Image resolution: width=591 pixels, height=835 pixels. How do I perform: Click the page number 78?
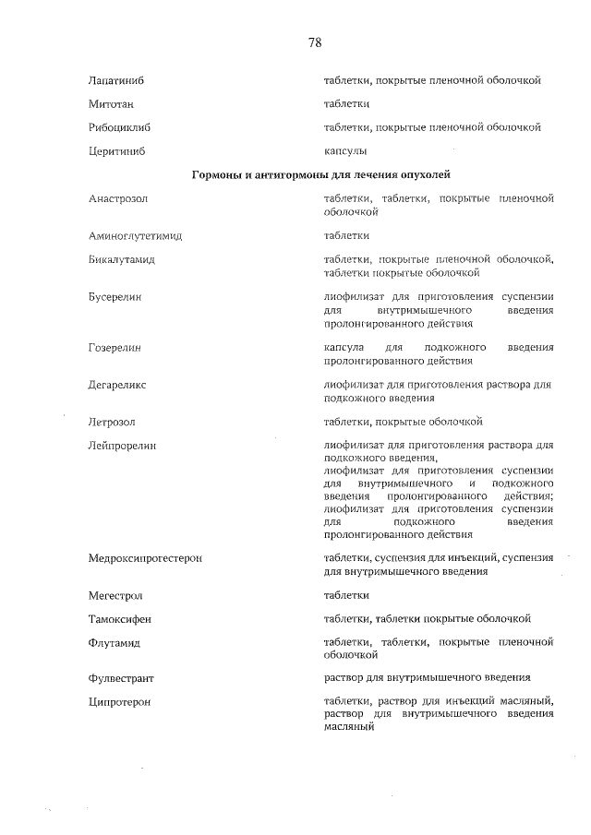point(315,42)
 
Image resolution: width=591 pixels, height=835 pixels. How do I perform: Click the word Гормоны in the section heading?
point(215,174)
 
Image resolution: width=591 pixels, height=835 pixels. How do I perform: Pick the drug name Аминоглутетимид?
point(135,236)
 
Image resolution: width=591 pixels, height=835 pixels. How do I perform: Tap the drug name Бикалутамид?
point(121,260)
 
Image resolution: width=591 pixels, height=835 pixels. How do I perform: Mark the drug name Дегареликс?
point(117,385)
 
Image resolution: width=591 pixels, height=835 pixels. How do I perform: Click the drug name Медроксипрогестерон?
point(145,558)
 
